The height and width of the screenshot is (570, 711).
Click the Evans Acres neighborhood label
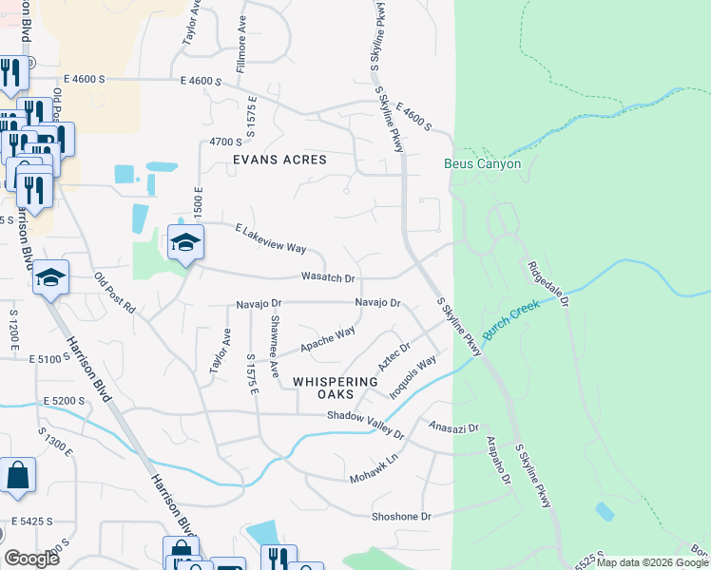279,160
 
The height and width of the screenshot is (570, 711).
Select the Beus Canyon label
483,163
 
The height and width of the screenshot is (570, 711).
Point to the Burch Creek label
511,319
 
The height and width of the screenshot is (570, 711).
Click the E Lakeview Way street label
270,238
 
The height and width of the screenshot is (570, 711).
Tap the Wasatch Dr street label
328,278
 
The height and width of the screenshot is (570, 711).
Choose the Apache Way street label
328,337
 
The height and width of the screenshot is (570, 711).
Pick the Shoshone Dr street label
400,516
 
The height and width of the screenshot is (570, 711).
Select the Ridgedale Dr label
547,284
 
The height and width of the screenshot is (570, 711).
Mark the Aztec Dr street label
393,356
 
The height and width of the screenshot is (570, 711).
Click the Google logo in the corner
31,559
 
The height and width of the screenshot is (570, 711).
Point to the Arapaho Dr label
500,462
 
